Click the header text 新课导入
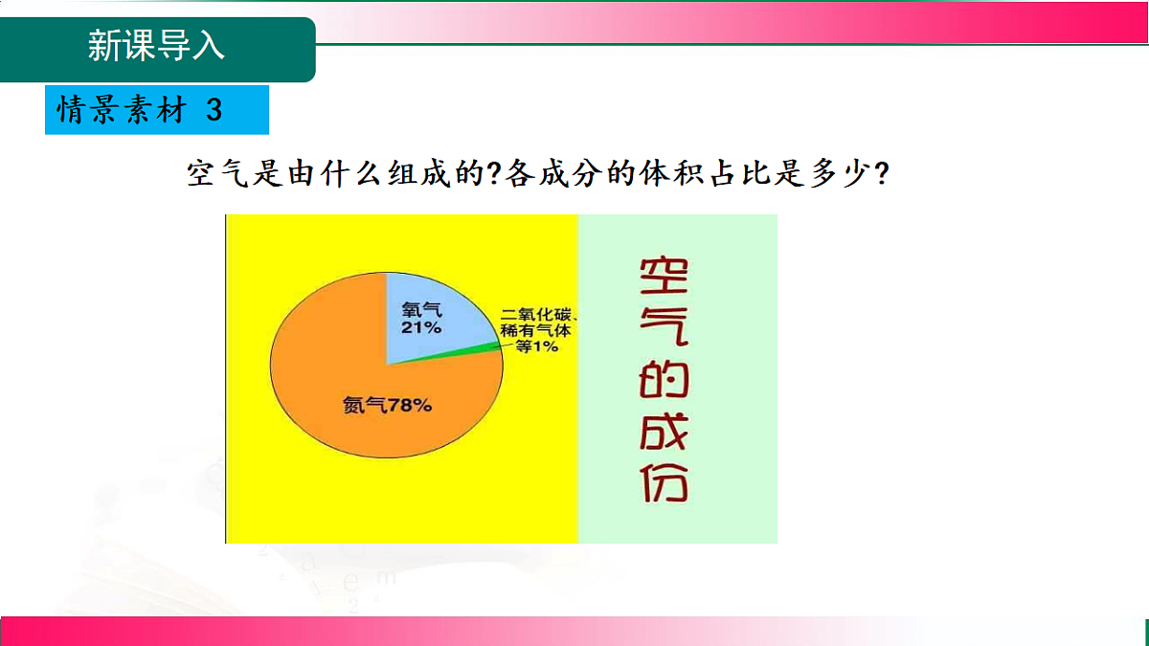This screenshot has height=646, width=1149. pyautogui.click(x=156, y=45)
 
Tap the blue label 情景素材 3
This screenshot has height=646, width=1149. pyautogui.click(x=141, y=110)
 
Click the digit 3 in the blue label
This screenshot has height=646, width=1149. pyautogui.click(x=214, y=110)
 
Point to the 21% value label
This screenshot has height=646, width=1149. pyautogui.click(x=420, y=327)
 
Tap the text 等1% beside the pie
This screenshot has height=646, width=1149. pyautogui.click(x=537, y=346)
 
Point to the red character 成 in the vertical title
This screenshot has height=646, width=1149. pyautogui.click(x=664, y=436)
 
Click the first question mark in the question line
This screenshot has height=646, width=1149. pyautogui.click(x=496, y=174)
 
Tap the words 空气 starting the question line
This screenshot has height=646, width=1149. pyautogui.click(x=213, y=174)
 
